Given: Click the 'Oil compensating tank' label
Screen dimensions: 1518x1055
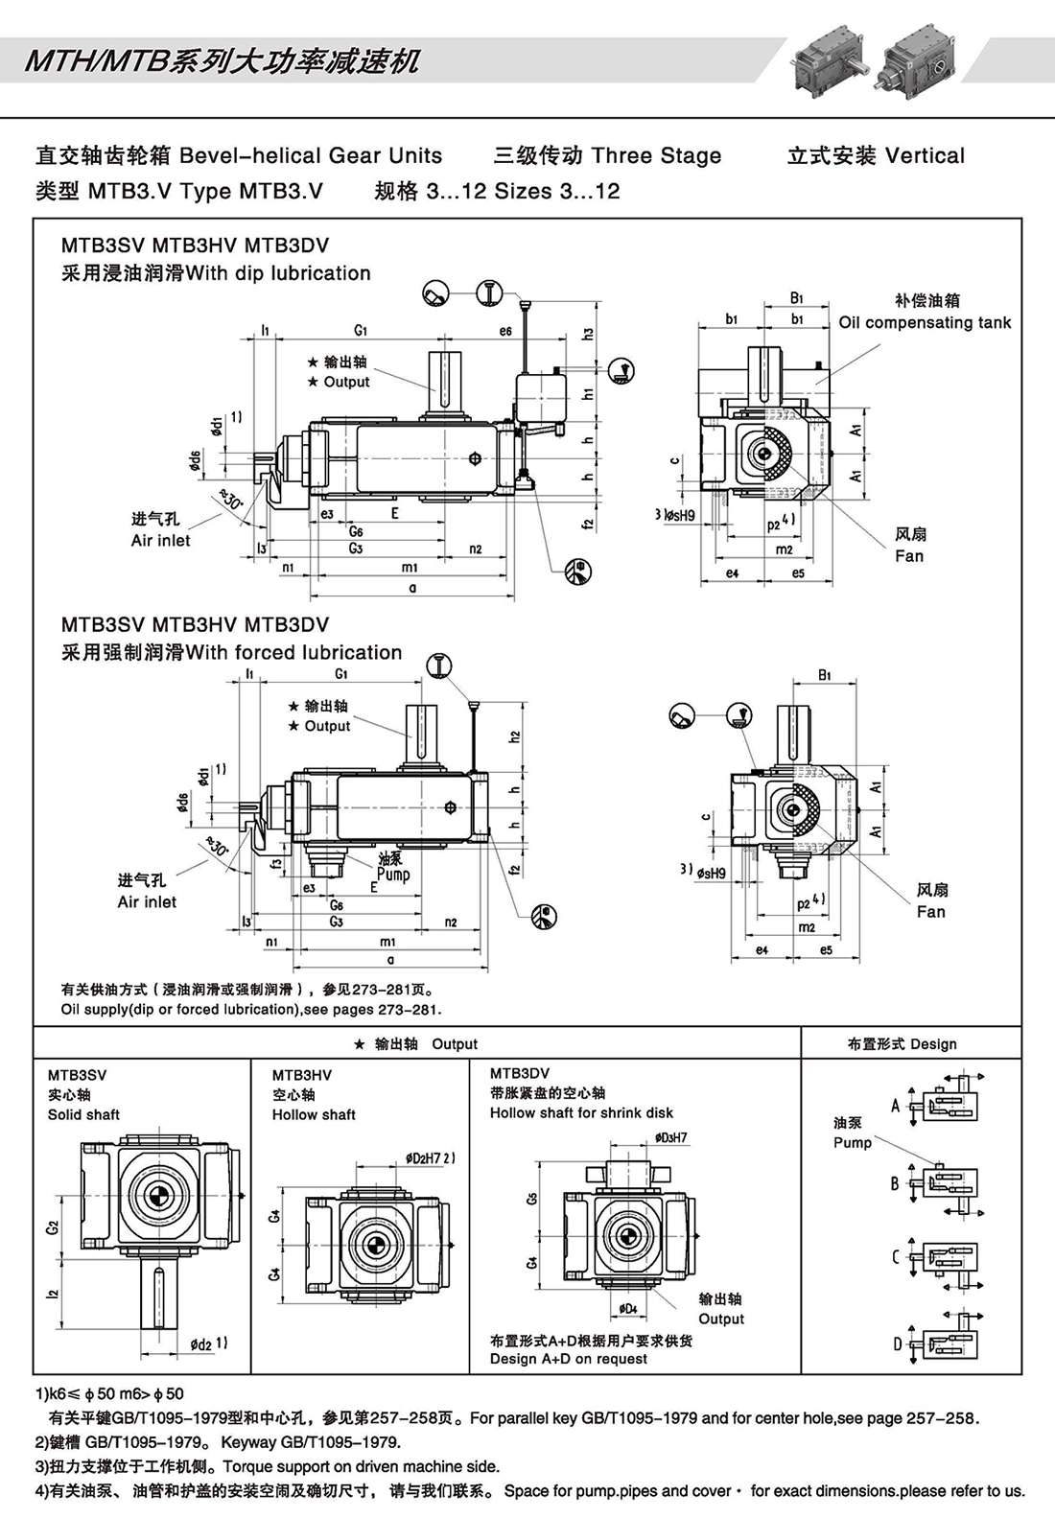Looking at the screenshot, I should [925, 323].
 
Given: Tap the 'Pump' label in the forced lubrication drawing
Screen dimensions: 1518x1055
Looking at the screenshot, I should [393, 874].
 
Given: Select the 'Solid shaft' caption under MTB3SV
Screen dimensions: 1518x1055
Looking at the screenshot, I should [84, 1114].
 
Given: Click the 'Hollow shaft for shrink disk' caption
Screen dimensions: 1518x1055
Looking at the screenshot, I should [581, 1112].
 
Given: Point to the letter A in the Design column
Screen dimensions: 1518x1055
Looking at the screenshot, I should [895, 1105].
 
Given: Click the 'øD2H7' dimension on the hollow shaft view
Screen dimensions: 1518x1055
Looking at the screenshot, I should [429, 1157].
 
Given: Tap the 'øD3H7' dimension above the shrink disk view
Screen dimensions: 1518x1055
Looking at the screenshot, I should [670, 1138].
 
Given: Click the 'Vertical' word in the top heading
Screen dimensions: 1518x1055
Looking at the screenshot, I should [925, 156].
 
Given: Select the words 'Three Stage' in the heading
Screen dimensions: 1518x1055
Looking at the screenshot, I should [657, 156].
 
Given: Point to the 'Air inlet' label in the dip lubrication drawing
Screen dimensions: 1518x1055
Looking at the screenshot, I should [160, 541].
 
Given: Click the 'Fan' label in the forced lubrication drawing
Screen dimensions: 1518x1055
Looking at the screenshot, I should [930, 912].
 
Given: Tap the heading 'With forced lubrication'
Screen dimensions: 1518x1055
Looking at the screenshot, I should [293, 653].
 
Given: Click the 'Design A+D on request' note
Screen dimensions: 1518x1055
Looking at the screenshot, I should [568, 1359].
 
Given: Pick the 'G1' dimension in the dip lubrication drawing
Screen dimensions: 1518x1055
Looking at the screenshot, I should [361, 331].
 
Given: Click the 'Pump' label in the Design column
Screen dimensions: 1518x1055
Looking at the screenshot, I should [852, 1142].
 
